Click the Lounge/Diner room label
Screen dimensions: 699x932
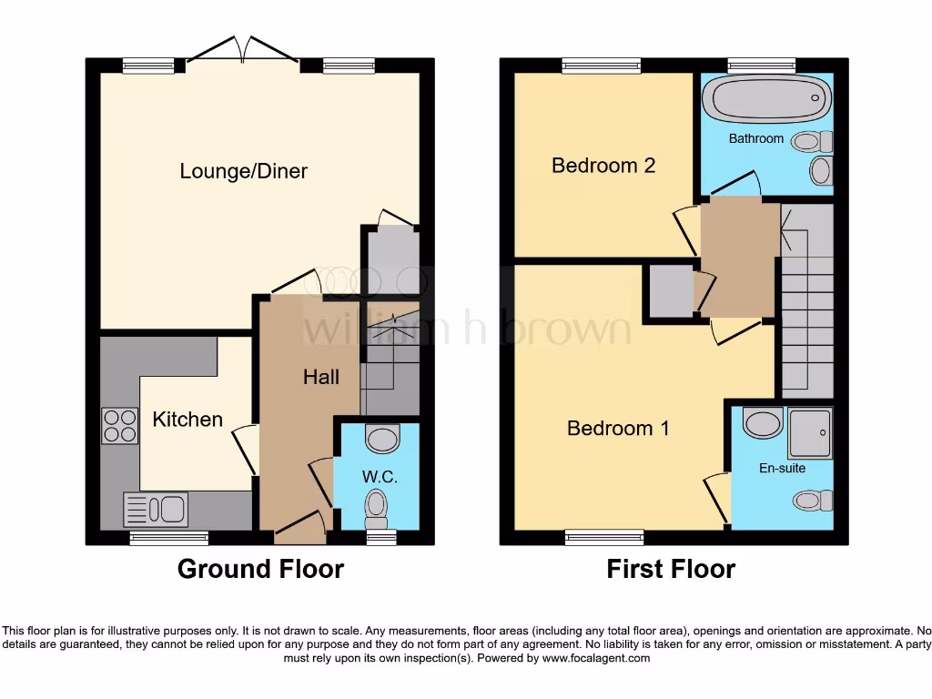tap(243, 171)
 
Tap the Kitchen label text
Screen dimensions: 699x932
tap(187, 420)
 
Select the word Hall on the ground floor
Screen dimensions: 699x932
tap(320, 377)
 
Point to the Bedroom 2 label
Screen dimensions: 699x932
tap(603, 166)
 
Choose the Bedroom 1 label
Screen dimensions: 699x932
tap(618, 428)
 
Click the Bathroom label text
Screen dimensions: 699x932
tap(755, 139)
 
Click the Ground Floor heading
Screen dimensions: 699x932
tap(260, 570)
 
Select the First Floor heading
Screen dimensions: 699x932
tap(671, 570)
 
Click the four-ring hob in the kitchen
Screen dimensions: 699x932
tap(119, 425)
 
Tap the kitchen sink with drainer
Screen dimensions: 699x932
tap(155, 510)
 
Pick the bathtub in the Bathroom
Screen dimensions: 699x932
tap(770, 99)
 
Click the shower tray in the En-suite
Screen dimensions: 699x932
tap(809, 431)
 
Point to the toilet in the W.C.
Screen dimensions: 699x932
tap(375, 508)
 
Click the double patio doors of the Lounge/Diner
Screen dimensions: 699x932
tap(242, 52)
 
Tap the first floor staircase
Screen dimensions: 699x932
tap(806, 300)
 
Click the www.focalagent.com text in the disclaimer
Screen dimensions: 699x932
tap(596, 658)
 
